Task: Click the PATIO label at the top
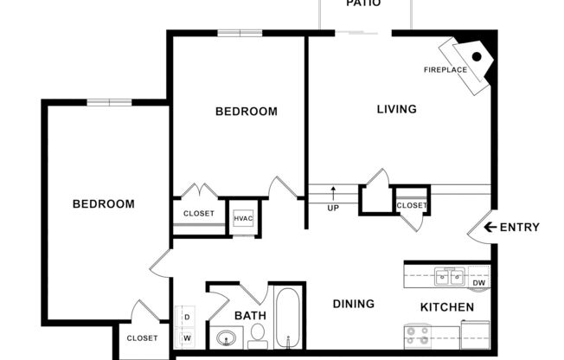(364, 3)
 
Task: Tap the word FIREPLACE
(445, 69)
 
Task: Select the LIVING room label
(396, 109)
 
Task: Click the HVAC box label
(243, 218)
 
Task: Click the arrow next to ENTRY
(490, 228)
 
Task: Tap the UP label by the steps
(332, 208)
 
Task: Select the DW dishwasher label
(479, 282)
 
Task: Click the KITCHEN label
(446, 307)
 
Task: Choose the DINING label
(354, 304)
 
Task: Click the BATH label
(249, 316)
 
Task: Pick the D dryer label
(185, 316)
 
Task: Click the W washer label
(185, 338)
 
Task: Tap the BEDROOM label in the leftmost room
(103, 204)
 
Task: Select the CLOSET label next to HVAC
(198, 213)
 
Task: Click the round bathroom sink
(226, 338)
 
